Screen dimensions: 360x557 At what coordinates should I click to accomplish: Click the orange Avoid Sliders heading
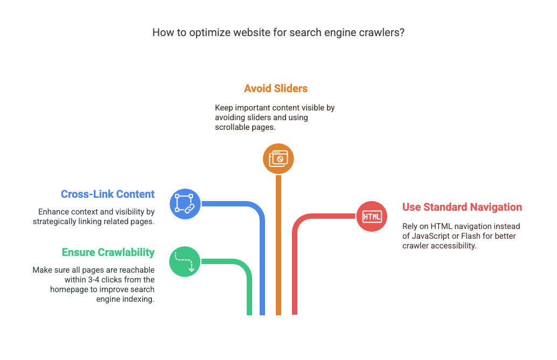click(276, 88)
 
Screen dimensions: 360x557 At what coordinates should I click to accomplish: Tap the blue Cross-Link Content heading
click(108, 194)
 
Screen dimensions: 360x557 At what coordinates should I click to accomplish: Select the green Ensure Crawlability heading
click(108, 252)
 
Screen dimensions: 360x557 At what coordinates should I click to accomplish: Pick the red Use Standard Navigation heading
click(462, 207)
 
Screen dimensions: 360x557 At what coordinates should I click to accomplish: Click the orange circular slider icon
click(278, 158)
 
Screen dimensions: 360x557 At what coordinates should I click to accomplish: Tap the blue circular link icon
click(185, 204)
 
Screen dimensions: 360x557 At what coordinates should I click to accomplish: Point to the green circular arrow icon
click(185, 261)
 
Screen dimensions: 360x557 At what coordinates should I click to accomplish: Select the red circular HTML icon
click(372, 217)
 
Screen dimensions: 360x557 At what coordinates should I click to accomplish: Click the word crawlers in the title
click(380, 33)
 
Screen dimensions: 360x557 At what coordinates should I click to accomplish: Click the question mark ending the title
click(402, 33)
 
